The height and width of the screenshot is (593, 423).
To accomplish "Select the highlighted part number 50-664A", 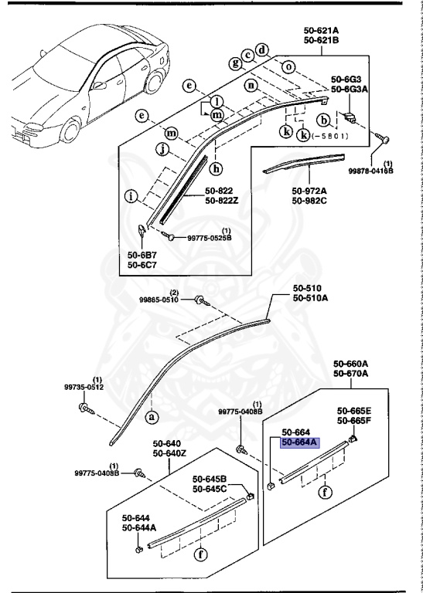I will tap(296, 442).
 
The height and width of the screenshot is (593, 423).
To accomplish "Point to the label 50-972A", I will tap(307, 191).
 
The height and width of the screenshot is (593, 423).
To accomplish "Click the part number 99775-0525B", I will tap(204, 239).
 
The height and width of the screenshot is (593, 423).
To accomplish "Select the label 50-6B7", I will tap(143, 254).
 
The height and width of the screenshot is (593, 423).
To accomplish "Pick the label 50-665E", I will tap(353, 411).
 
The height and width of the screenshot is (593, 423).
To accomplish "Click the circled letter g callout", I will tap(234, 63).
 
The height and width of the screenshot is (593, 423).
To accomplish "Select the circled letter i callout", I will tap(133, 196).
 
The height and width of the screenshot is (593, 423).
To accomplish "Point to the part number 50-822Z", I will tap(221, 200).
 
